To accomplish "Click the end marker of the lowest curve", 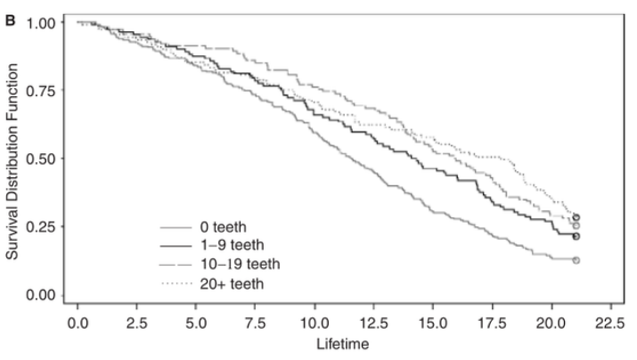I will (x=576, y=260).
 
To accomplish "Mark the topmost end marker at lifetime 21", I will (x=576, y=217).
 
